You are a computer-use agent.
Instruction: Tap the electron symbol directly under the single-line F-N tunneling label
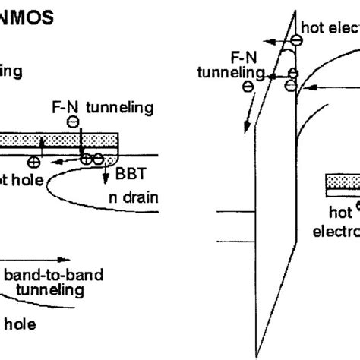72,122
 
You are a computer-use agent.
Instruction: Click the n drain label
130,198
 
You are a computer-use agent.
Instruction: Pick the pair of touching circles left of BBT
93,158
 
